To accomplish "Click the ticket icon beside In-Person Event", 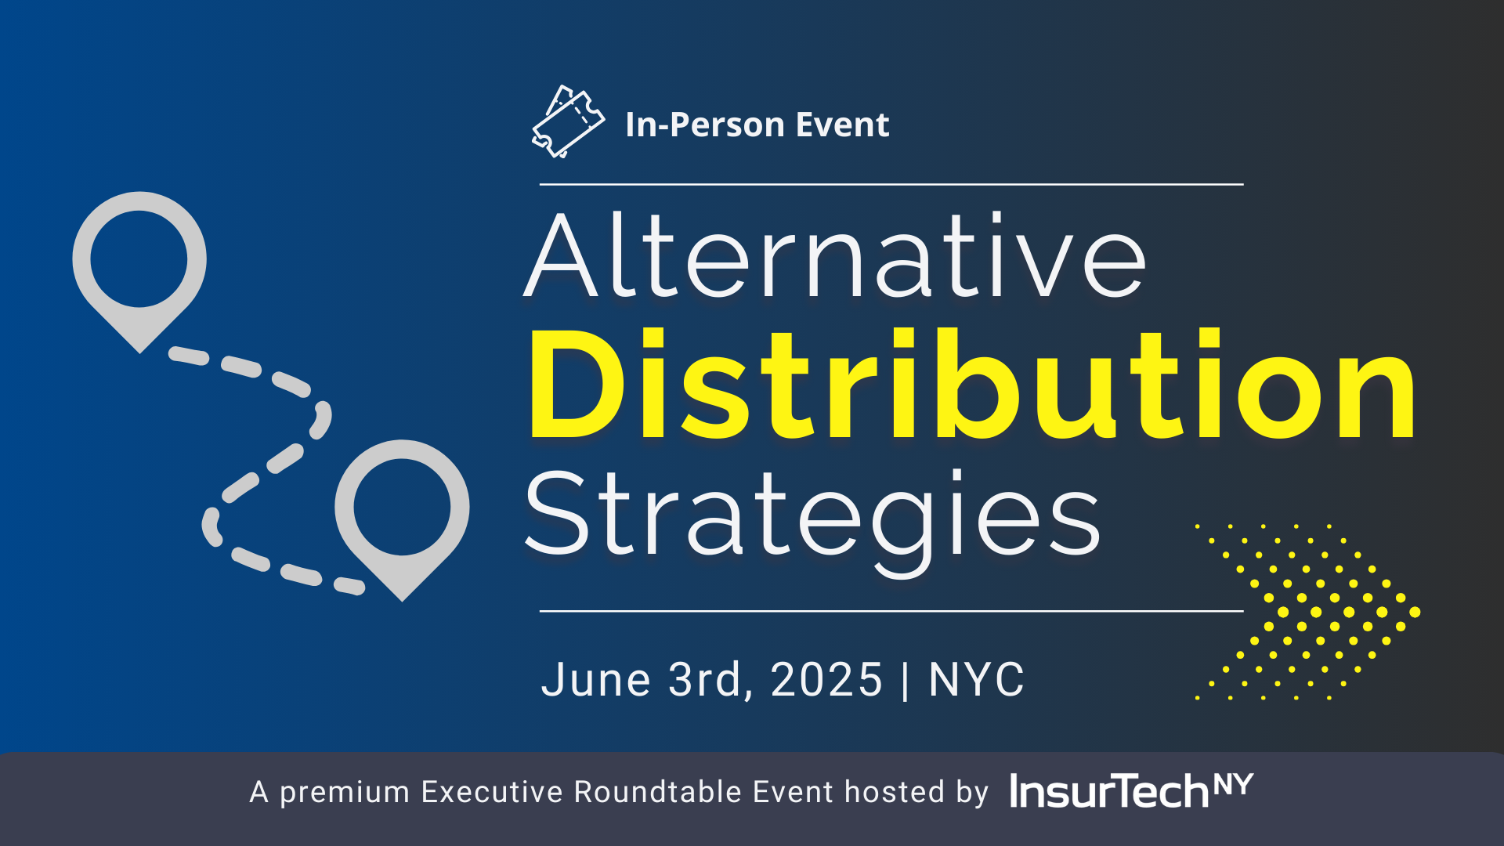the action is coord(568,122).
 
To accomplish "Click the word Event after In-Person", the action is coord(842,125).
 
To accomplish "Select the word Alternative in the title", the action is coord(835,255).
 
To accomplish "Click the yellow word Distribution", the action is coord(972,385).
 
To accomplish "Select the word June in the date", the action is coord(596,679).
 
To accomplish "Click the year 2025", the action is coord(827,679).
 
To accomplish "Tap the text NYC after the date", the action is coord(977,679).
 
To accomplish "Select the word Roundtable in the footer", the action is coord(658,792).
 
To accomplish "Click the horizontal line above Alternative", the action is coord(891,184).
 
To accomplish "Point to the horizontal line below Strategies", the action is coord(891,610).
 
